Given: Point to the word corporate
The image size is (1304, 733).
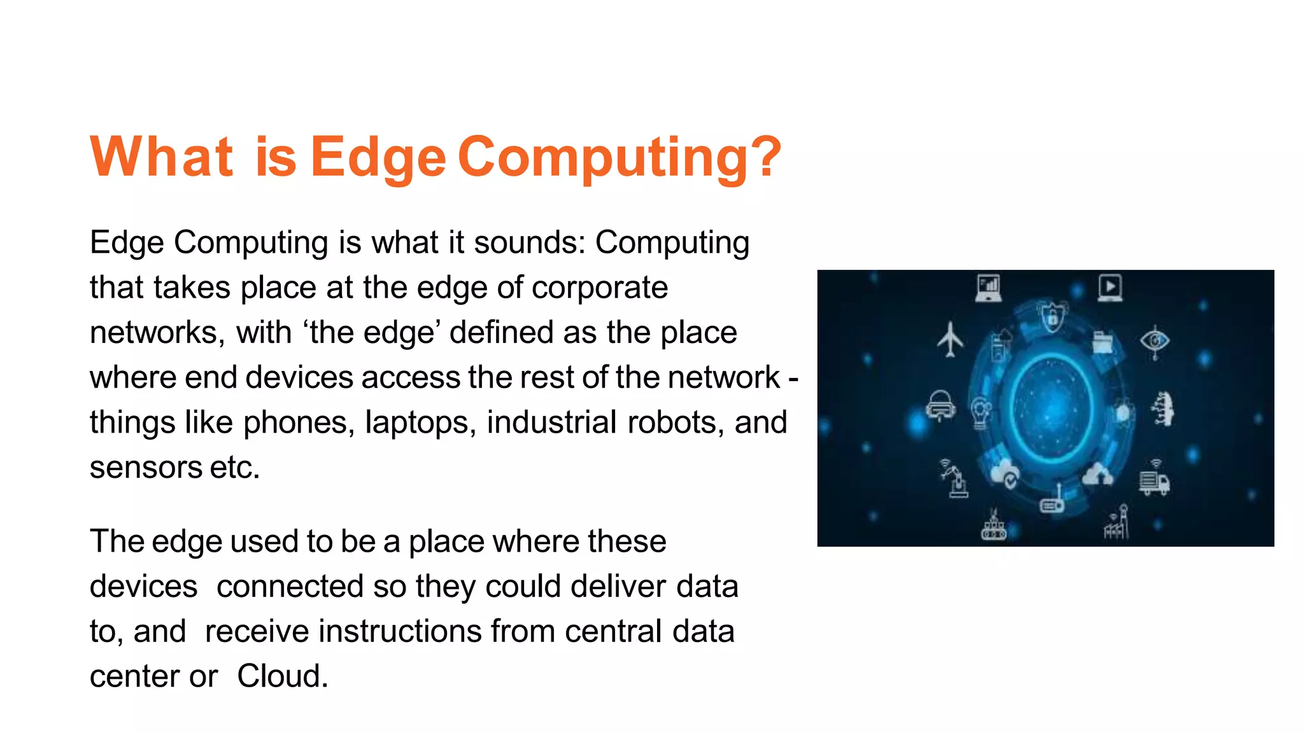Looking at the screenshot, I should click(600, 288).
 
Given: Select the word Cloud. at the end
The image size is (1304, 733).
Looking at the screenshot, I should click(283, 676).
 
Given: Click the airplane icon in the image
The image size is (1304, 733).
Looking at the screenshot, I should click(950, 339).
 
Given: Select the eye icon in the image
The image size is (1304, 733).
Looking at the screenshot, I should click(1154, 341).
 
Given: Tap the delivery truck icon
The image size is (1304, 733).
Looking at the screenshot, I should click(1154, 481).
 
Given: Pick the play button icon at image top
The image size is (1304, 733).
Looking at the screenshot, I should click(1110, 287).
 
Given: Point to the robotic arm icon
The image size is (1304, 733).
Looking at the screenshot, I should click(954, 477).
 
